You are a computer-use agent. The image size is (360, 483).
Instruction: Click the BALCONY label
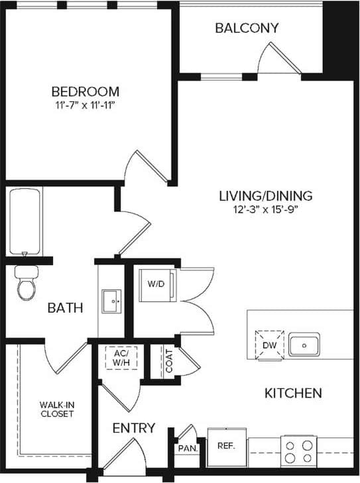click(x=247, y=28)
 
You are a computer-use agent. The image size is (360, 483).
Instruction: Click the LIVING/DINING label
click(x=266, y=196)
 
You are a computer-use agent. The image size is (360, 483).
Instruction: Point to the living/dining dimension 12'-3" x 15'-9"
click(x=266, y=211)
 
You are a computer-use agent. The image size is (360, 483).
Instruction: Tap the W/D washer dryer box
click(x=156, y=284)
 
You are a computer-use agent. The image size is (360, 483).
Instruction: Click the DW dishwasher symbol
click(x=269, y=344)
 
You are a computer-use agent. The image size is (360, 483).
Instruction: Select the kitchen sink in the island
click(x=304, y=345)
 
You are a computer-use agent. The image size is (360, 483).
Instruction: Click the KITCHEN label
click(x=293, y=393)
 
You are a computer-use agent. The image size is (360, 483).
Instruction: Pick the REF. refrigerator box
click(x=227, y=446)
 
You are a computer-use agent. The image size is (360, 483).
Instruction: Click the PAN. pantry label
click(x=187, y=449)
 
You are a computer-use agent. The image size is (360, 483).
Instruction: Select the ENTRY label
click(x=133, y=428)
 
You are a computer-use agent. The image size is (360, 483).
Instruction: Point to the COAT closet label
click(x=169, y=363)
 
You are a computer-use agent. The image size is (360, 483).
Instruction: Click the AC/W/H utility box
click(x=121, y=358)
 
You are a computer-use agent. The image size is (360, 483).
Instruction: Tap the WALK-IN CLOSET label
click(x=56, y=408)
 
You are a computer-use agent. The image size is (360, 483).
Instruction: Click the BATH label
click(x=65, y=307)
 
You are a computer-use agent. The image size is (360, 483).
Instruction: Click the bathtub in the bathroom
click(x=25, y=222)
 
